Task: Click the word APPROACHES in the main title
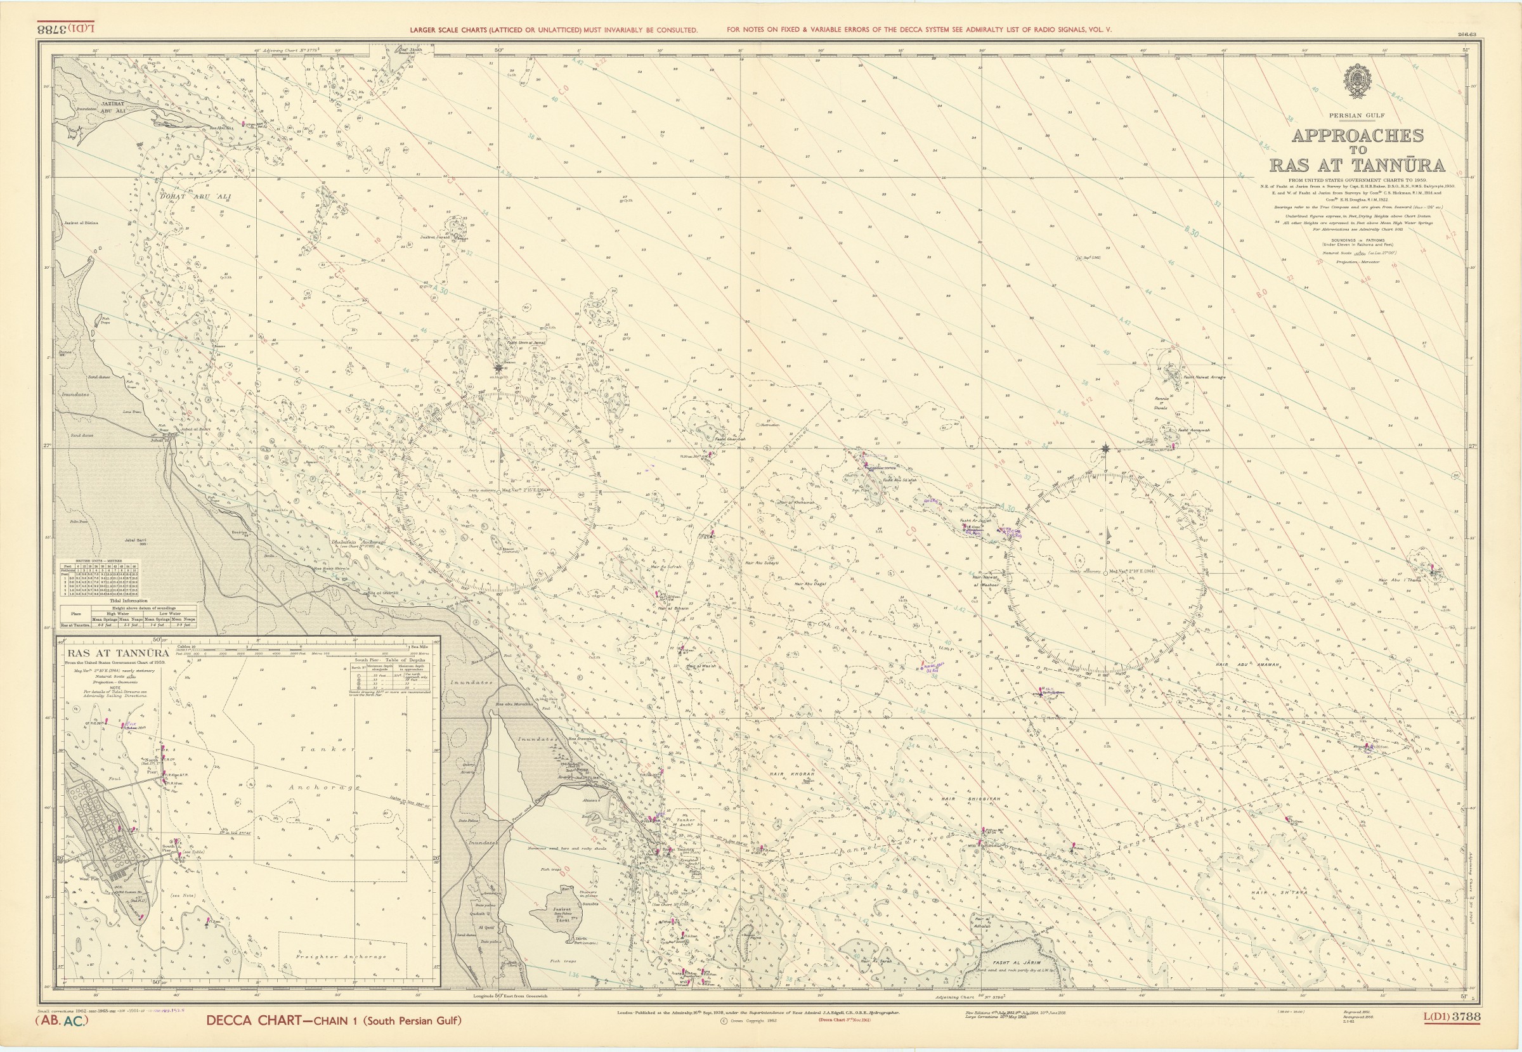click(x=1357, y=136)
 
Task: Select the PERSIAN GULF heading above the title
click(x=1356, y=115)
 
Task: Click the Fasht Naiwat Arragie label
click(x=1204, y=378)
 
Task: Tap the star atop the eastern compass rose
click(x=1105, y=449)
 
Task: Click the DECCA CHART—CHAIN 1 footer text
click(x=334, y=1039)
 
